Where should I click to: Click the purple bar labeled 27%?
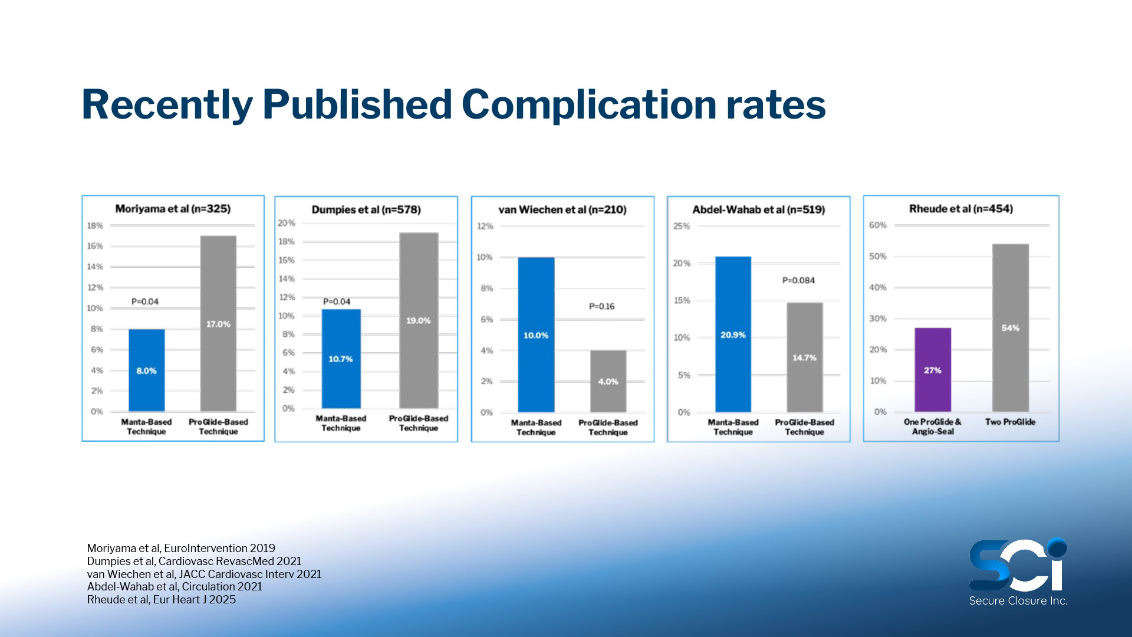tap(932, 370)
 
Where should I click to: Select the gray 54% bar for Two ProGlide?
tap(1010, 328)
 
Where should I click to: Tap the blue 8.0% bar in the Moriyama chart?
tap(146, 370)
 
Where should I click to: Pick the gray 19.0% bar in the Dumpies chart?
tap(418, 320)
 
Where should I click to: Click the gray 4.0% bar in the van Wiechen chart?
tap(608, 381)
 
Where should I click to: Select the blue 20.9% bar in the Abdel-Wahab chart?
tap(733, 334)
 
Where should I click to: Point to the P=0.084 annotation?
tap(798, 280)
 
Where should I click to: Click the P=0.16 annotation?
tap(601, 306)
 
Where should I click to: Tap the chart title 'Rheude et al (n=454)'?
tap(961, 209)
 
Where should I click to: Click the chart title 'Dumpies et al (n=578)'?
tap(366, 209)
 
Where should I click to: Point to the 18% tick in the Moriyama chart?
tap(95, 225)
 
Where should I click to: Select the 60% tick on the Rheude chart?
tap(877, 225)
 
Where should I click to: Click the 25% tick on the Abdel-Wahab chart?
tap(682, 226)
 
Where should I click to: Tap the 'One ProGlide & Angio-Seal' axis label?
tap(933, 426)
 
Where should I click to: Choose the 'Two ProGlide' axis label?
tap(1010, 422)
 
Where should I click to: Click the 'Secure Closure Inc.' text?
tap(1018, 600)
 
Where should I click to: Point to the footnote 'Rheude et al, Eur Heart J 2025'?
tap(162, 599)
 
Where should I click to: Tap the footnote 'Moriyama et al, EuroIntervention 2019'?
tap(181, 548)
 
